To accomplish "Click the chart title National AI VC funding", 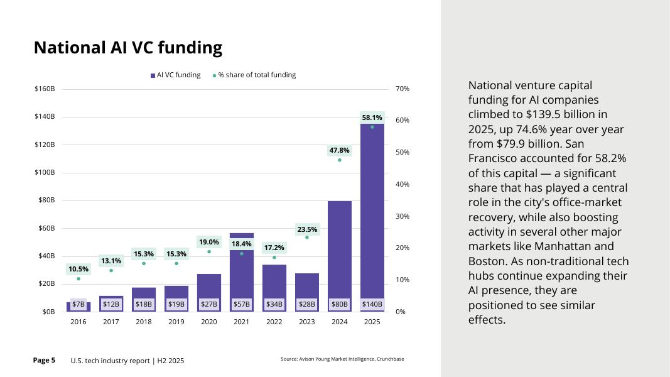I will pos(127,48).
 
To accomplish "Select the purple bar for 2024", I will pos(340,251).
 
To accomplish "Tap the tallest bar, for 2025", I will pos(372,207).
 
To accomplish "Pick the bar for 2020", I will pos(209,286).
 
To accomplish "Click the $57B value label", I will pos(242,304).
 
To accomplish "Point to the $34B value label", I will pos(274,304).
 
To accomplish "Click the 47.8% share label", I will pos(340,150).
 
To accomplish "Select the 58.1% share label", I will pos(372,117).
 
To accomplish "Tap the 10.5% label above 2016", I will pos(78,269).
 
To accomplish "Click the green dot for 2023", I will pos(307,238).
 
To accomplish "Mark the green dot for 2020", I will pos(209,252).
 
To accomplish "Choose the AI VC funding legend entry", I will pos(176,75).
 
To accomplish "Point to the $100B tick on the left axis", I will pos(45,172).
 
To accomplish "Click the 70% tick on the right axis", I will pos(403,89).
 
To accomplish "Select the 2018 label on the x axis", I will pos(144,322).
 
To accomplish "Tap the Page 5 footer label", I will pos(44,360).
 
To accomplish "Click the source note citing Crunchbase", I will pos(342,359).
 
